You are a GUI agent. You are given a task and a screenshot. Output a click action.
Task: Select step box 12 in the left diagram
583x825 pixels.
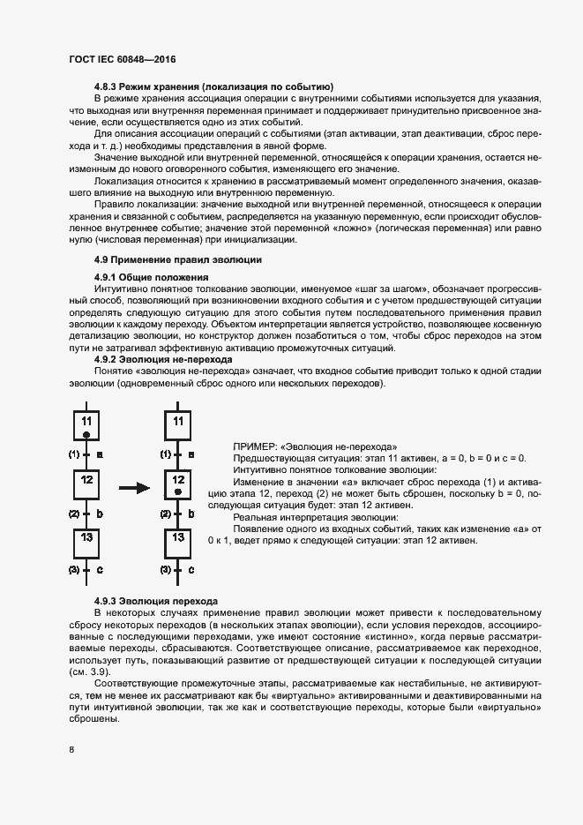(x=86, y=484)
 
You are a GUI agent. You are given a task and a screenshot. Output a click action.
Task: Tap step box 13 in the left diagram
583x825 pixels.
(x=86, y=541)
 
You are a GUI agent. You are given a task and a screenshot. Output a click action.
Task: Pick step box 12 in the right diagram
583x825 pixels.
(x=178, y=484)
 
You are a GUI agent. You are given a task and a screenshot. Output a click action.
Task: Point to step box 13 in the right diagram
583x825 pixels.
(x=178, y=541)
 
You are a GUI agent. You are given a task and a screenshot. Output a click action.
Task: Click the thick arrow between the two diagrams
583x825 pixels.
(x=133, y=486)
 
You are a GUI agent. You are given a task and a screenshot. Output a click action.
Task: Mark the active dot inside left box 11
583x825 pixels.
(x=86, y=435)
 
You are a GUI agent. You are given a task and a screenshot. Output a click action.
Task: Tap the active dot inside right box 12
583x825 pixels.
(x=178, y=491)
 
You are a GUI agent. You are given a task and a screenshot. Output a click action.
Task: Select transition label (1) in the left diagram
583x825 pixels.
(x=74, y=455)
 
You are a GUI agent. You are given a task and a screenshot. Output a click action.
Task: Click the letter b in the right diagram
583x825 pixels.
(x=191, y=513)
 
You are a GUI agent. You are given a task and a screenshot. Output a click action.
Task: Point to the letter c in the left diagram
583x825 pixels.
(x=100, y=570)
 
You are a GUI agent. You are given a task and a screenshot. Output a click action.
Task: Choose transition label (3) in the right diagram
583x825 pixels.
(x=166, y=570)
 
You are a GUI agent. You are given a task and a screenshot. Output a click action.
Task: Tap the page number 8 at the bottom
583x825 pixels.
(x=71, y=750)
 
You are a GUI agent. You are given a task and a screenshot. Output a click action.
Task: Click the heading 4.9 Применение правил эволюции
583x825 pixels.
(x=177, y=259)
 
